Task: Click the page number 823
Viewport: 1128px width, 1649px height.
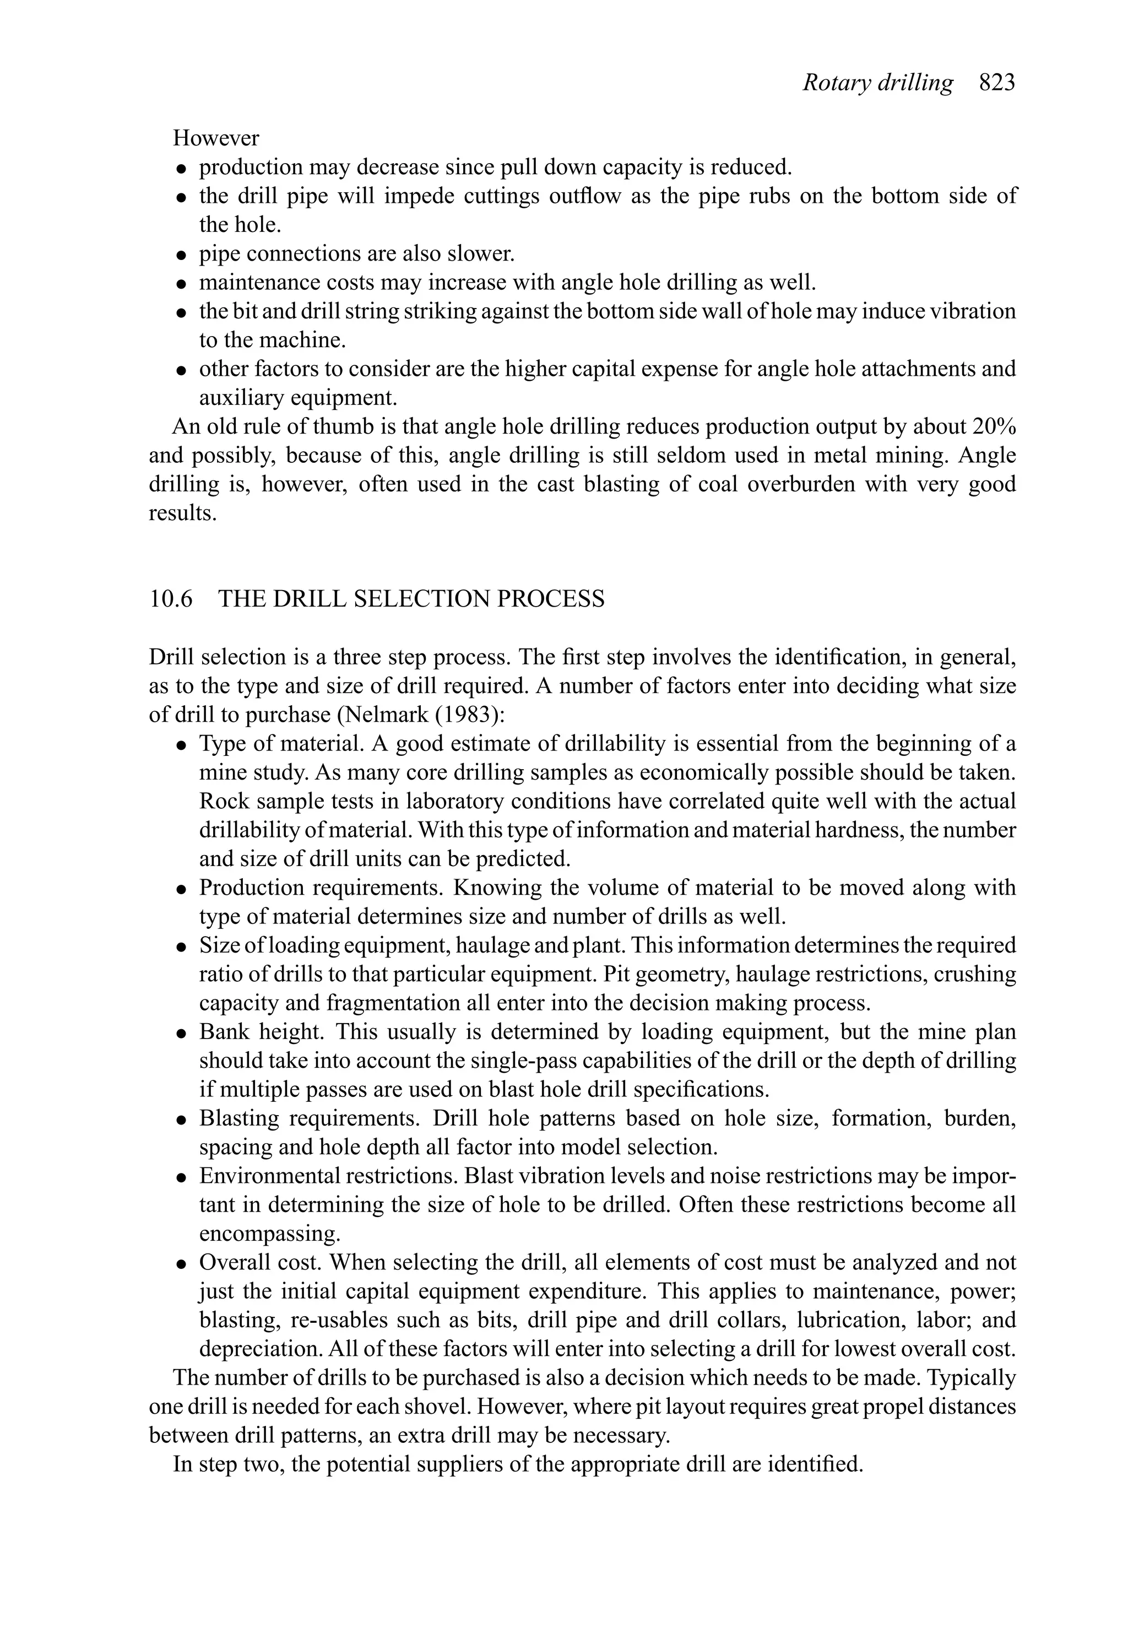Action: click(x=997, y=84)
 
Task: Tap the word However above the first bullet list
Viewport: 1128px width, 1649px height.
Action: click(x=216, y=138)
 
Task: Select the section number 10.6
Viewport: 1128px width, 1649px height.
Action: click(x=170, y=599)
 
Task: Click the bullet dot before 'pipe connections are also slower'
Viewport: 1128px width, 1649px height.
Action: click(x=182, y=255)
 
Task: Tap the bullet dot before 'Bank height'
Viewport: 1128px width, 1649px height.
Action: click(x=182, y=1033)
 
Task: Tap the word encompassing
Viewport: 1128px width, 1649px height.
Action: click(x=269, y=1234)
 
